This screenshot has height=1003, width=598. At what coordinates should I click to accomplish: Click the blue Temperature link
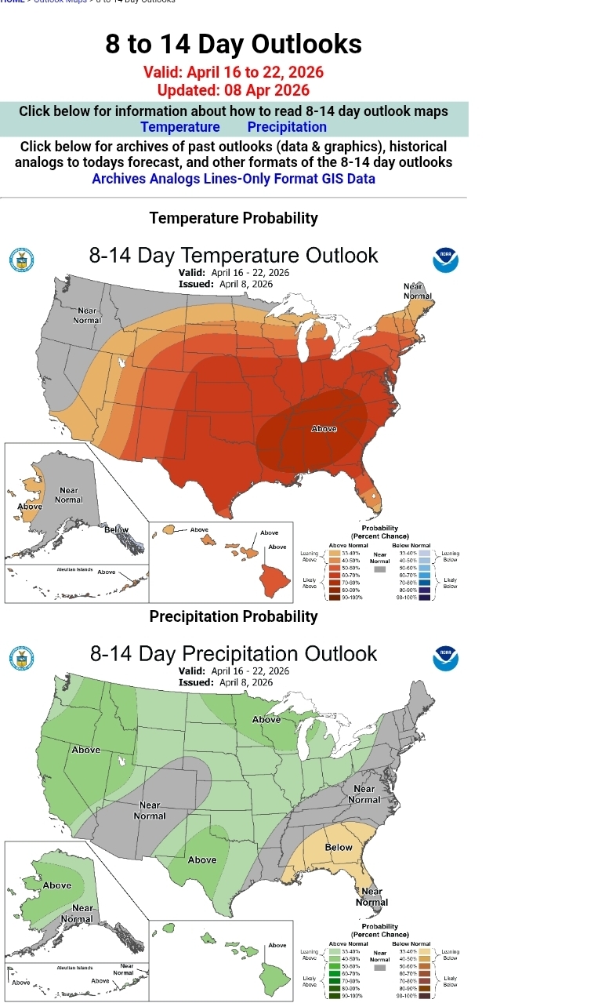coord(180,127)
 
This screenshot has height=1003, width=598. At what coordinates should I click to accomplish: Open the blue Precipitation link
coord(287,127)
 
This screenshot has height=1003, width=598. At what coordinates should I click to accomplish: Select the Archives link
coord(119,179)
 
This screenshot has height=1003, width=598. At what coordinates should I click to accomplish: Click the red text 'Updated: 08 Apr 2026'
coord(234,90)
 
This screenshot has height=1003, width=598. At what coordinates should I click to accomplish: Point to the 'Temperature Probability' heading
coord(234,218)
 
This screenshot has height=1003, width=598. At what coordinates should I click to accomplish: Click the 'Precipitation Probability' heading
coord(234,616)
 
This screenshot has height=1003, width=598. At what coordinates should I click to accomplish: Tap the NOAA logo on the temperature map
coord(445,260)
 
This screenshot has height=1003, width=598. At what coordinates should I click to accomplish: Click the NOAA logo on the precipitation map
coord(445,658)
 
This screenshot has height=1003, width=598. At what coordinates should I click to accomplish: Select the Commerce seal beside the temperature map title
coord(21,260)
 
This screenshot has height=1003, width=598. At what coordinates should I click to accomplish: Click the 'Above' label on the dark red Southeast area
coord(324,429)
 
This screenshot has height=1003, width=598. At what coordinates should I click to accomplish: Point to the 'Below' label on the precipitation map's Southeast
coord(339,847)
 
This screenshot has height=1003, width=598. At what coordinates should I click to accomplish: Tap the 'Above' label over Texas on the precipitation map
coord(202,859)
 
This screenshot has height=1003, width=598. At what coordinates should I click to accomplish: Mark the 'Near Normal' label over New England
coord(418,292)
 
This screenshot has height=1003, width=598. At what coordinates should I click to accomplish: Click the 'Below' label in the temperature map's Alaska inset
coord(117,530)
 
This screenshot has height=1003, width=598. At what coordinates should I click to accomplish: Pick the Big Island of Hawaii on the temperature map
coord(275,580)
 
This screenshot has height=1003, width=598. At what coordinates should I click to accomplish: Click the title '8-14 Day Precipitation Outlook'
coord(234,654)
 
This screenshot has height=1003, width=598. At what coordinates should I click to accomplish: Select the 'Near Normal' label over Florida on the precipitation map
coord(371,896)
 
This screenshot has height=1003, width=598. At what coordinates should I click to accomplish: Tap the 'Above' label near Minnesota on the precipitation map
coord(266,719)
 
